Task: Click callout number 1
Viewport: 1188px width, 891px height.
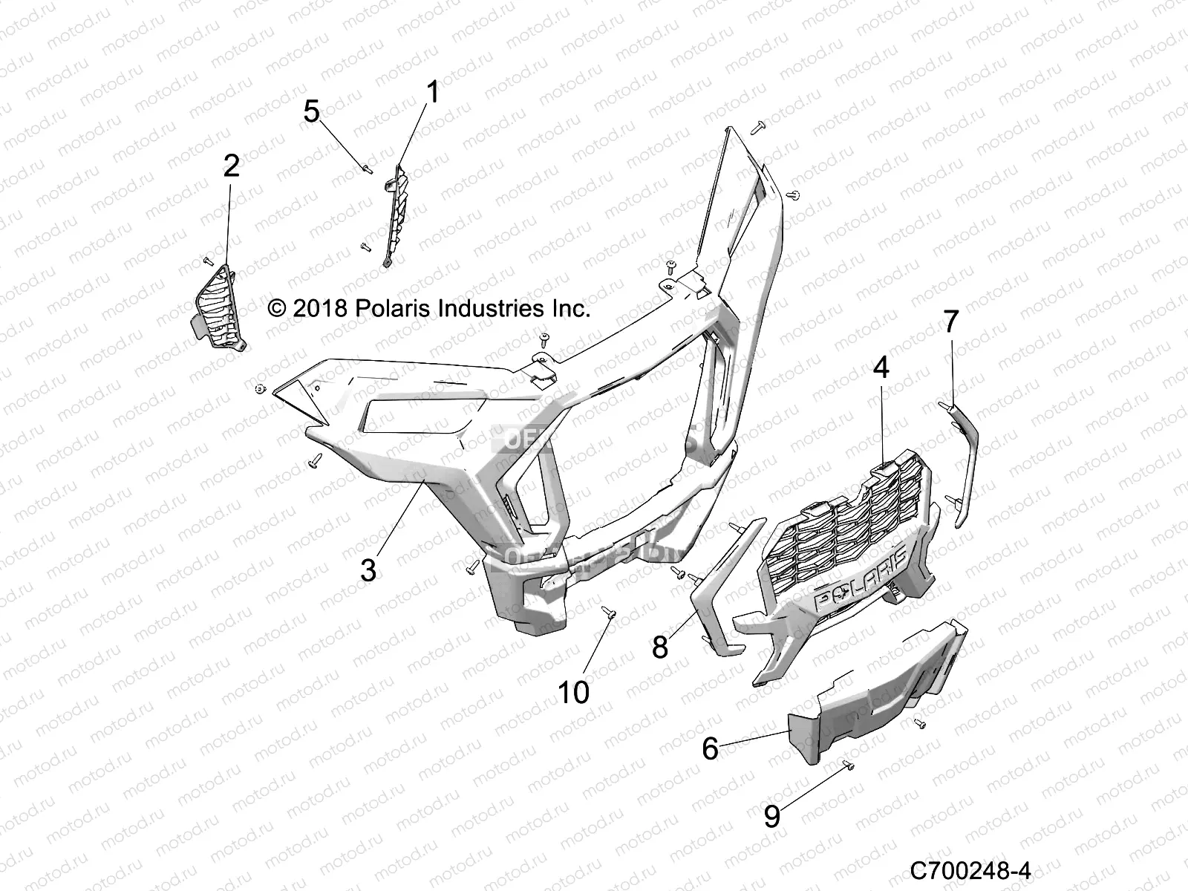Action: click(x=431, y=94)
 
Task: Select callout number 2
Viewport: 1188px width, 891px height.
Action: click(x=231, y=166)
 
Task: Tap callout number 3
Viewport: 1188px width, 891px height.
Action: click(x=368, y=570)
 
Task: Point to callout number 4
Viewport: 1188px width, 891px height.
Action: click(x=881, y=367)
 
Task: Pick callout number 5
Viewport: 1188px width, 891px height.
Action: click(x=312, y=112)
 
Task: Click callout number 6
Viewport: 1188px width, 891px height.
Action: click(x=710, y=749)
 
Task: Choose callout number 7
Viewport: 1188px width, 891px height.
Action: click(x=951, y=322)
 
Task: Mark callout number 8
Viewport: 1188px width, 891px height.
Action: click(x=660, y=647)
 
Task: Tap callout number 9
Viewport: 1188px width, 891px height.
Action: click(x=772, y=817)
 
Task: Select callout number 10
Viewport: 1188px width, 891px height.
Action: click(x=573, y=692)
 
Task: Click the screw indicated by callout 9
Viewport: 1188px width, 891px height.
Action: click(x=849, y=785)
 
